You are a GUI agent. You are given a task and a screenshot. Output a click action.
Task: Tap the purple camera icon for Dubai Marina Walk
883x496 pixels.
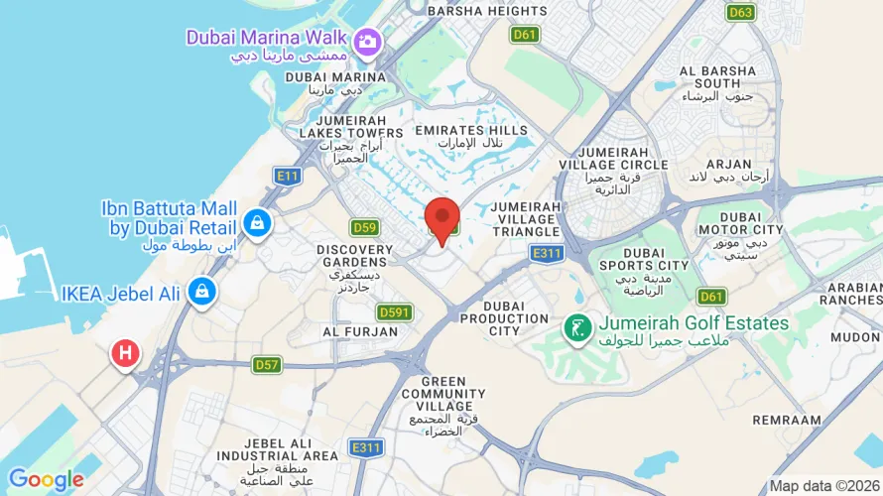[x=367, y=41]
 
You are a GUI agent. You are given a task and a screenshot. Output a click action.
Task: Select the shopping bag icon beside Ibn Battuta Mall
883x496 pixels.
[x=257, y=221]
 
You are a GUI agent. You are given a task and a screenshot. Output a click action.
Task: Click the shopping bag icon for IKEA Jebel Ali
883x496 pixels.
[x=201, y=291]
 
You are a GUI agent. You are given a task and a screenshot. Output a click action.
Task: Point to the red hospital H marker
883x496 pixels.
[x=124, y=352]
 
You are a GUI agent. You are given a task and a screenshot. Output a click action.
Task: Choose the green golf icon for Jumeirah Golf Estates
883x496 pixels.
[x=574, y=325]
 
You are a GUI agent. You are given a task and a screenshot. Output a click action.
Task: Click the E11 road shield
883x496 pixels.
[x=288, y=176]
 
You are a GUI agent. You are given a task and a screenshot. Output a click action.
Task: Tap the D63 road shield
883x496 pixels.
[x=739, y=13]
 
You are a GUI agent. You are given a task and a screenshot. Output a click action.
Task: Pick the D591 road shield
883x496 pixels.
[x=395, y=312]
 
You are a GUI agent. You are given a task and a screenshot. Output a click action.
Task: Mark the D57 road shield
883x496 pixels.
[x=267, y=364]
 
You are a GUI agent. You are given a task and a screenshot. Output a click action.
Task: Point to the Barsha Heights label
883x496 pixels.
[x=487, y=11]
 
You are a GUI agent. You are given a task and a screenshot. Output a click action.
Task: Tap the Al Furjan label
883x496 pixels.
[x=359, y=331]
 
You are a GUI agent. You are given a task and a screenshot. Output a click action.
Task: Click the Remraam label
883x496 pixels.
[x=788, y=421]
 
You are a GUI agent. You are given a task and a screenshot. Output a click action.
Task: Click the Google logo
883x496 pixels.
[x=46, y=480]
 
